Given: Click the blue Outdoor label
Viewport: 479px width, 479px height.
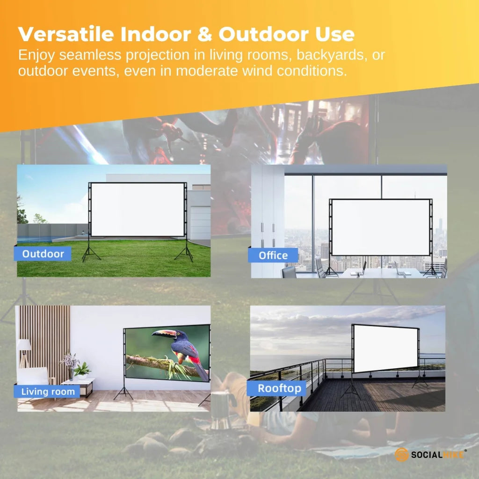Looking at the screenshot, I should click(x=43, y=254).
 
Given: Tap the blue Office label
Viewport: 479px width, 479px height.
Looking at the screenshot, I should click(x=273, y=255).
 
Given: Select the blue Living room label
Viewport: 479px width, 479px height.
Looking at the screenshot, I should click(x=48, y=392).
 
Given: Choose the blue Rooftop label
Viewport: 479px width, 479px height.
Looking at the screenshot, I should click(x=280, y=388).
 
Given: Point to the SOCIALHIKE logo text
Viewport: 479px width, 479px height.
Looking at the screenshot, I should click(x=437, y=454).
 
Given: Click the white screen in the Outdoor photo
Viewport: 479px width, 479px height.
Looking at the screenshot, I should click(x=138, y=209).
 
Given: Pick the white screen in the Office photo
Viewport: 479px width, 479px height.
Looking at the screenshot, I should click(x=380, y=227).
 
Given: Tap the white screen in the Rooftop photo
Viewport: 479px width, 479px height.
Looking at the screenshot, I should click(x=385, y=348).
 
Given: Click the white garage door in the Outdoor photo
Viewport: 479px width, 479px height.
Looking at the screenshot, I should click(x=200, y=222).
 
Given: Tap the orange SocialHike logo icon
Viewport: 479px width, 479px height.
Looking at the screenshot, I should click(x=401, y=454).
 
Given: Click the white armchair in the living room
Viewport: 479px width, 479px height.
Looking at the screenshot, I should click(x=34, y=377).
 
